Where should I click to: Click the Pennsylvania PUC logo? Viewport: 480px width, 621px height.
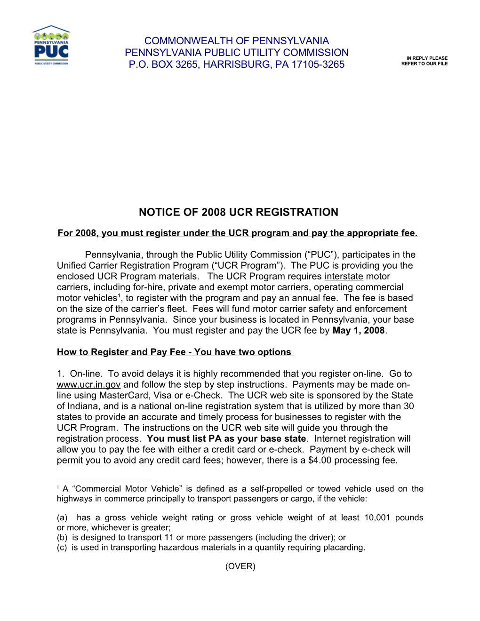[x=51, y=46]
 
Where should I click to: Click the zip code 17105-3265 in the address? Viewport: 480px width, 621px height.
[x=318, y=64]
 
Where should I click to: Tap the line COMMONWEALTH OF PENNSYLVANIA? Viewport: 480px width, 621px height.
[x=237, y=41]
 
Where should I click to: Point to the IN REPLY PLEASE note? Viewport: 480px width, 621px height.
[x=427, y=58]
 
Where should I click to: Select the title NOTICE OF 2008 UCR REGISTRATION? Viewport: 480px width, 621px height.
[x=238, y=212]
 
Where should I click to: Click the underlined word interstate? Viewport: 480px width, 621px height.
[x=344, y=277]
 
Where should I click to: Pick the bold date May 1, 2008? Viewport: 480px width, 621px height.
[x=359, y=331]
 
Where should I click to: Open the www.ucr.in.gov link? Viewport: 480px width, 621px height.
[x=88, y=385]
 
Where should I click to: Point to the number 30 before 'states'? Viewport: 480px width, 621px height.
[x=409, y=406]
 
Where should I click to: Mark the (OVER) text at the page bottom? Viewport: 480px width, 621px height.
[x=240, y=566]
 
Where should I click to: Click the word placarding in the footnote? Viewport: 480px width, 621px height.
[x=343, y=548]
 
